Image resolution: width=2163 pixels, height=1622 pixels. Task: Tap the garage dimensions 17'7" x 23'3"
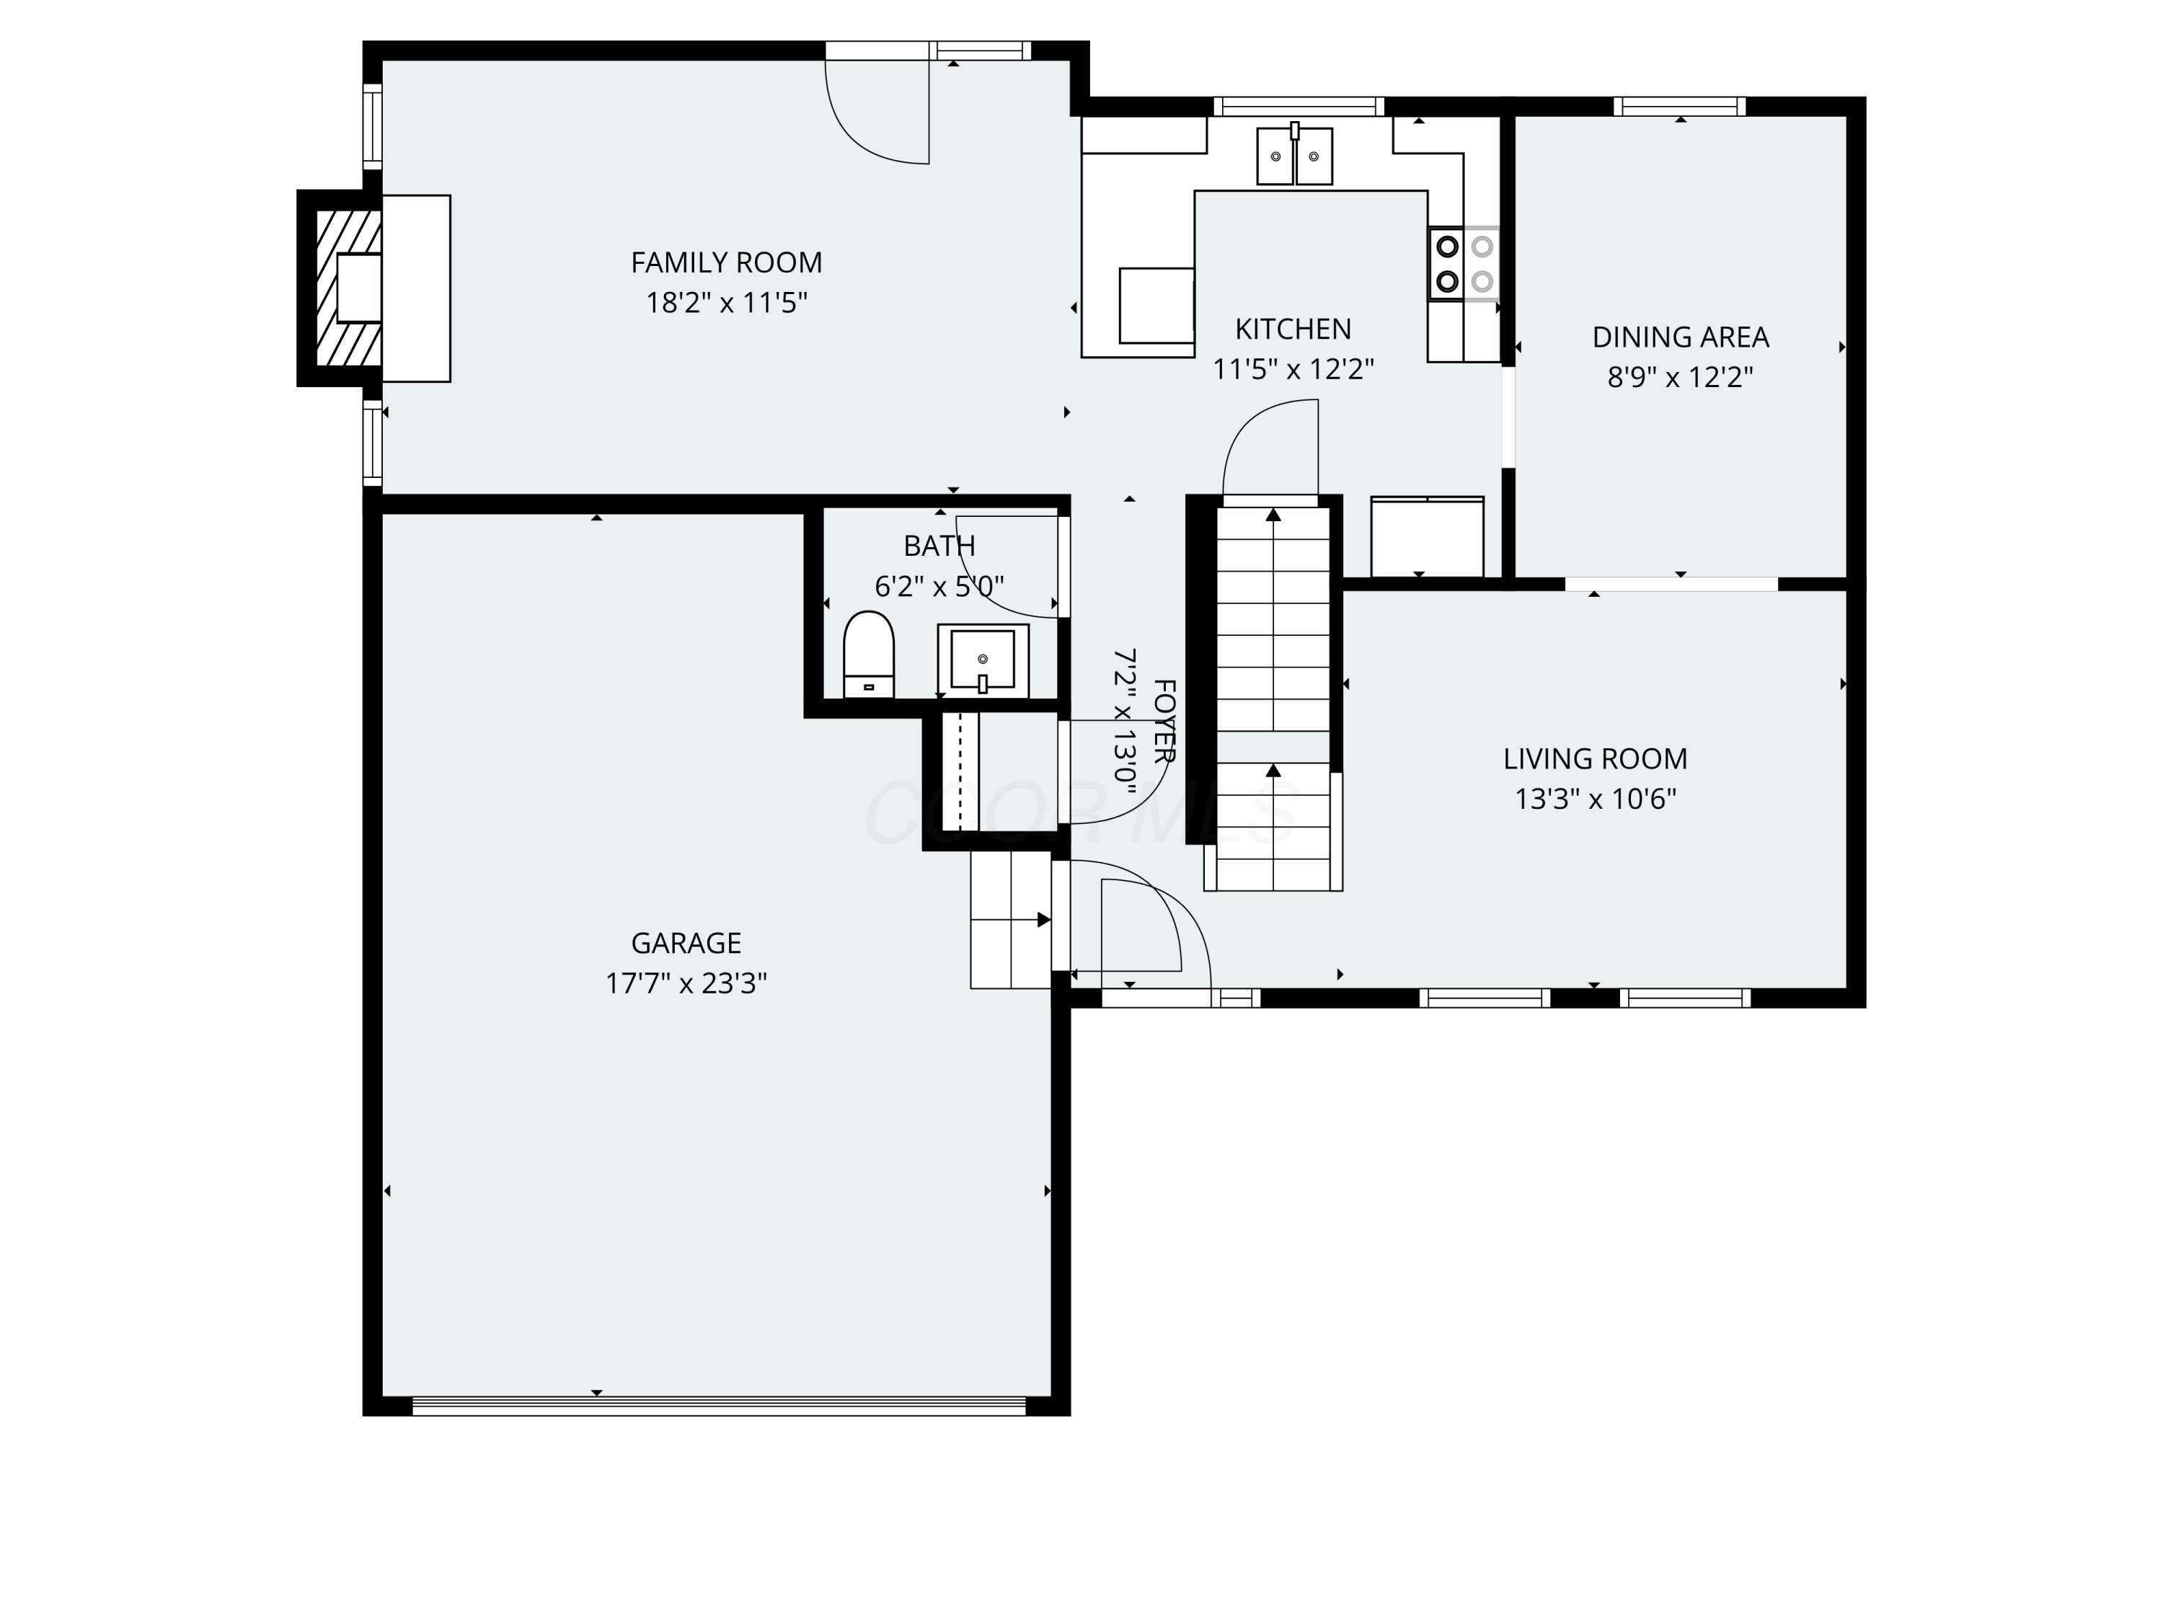click(686, 983)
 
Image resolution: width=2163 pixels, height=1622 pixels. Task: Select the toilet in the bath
click(868, 654)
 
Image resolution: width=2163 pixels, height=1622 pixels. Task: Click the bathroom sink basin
click(983, 660)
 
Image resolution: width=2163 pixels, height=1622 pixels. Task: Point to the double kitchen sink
click(1293, 156)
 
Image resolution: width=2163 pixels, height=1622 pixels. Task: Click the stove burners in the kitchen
click(1464, 263)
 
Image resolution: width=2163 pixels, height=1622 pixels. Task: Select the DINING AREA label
click(1680, 337)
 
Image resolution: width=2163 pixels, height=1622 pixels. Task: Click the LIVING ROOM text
click(1595, 758)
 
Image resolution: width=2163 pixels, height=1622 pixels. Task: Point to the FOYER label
click(1164, 721)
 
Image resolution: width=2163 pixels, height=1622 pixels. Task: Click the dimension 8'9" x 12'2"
click(1680, 378)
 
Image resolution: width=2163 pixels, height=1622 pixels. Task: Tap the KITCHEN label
click(1293, 329)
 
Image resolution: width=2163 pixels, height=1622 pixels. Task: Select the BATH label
click(939, 546)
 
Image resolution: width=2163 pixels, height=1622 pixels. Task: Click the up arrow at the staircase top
click(1273, 515)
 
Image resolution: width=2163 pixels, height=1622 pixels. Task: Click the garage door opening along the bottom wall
click(719, 1406)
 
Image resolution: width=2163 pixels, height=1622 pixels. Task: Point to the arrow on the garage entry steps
click(1044, 920)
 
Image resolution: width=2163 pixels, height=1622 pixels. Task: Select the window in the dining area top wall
click(1679, 105)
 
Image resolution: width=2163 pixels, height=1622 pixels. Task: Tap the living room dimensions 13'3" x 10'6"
click(1595, 799)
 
